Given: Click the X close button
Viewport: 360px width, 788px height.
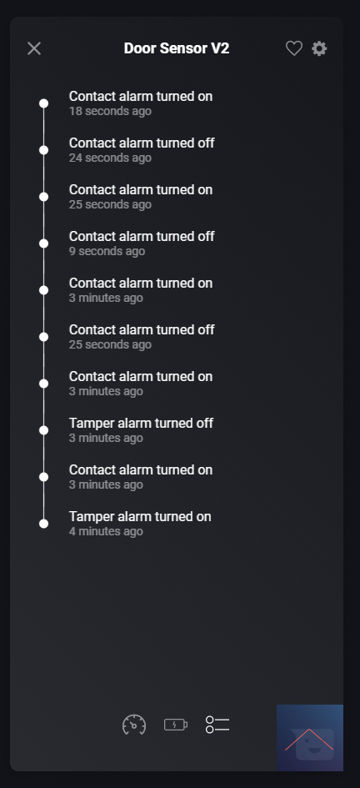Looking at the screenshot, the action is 34,48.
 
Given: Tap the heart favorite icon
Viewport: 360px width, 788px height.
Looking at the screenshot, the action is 294,48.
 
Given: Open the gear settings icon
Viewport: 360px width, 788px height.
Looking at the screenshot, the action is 319,48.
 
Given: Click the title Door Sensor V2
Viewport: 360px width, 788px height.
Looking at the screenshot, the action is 177,48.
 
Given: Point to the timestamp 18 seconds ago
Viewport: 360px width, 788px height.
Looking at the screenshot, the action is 110,111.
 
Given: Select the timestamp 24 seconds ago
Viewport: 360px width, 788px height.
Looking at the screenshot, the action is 110,158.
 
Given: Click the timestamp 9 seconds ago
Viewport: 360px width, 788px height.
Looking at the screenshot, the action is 107,251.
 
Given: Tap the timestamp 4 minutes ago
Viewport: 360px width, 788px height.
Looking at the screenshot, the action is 106,531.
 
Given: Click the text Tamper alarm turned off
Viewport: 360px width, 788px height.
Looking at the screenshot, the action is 141,423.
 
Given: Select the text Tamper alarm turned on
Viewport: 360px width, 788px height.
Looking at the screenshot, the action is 140,517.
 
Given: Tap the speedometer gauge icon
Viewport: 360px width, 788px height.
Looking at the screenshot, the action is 134,725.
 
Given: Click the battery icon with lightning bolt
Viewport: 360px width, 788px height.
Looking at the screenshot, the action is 176,725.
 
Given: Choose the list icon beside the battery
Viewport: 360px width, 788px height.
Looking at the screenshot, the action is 217,725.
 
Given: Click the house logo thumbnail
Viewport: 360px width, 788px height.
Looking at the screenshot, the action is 310,738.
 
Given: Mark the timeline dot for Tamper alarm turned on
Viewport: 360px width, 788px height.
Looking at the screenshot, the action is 43,524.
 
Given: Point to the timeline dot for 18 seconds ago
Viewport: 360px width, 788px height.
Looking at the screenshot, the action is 43,103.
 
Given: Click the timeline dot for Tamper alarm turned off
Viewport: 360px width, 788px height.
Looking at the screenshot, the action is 43,430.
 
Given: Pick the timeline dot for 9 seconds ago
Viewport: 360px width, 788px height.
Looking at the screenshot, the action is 43,243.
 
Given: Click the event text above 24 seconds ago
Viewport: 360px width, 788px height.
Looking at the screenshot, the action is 142,143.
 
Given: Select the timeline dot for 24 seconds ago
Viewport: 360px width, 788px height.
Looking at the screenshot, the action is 43,150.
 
